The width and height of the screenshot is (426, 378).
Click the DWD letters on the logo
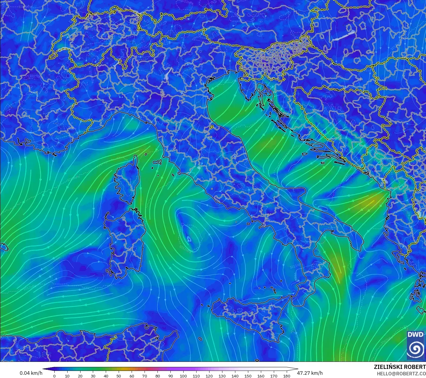(415, 335)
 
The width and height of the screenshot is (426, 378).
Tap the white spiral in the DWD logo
(415, 349)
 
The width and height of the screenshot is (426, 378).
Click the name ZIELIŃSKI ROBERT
(400, 367)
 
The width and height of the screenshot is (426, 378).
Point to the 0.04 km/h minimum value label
(31, 373)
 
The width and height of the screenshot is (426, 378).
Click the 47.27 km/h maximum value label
(310, 373)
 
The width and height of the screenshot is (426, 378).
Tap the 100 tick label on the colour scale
(183, 376)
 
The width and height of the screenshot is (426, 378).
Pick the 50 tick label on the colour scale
(119, 376)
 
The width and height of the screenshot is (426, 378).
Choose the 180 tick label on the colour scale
(286, 376)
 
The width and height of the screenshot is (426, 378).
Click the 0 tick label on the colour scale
(54, 376)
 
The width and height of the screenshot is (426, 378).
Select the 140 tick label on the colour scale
(235, 376)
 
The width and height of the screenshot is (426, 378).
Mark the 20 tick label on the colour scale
(80, 376)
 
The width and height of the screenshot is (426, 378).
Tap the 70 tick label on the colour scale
(145, 376)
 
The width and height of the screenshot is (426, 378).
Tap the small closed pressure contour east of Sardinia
(189, 239)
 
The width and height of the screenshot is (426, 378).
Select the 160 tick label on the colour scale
(261, 376)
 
